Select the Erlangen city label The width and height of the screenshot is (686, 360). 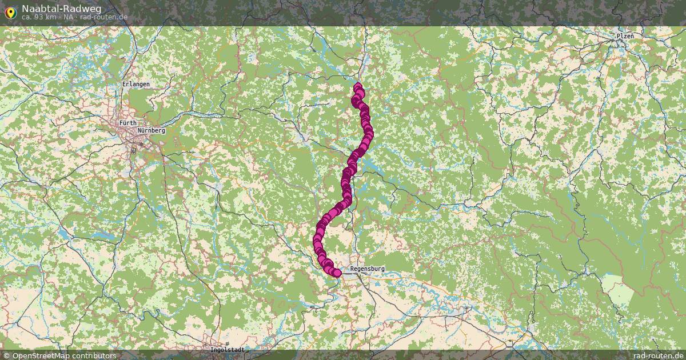[135, 84]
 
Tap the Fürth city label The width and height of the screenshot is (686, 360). [128, 123]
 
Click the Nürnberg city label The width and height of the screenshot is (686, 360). [151, 130]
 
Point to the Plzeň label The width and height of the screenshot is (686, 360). [625, 35]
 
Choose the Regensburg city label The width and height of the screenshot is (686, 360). [367, 269]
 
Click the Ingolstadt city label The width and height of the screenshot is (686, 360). [228, 350]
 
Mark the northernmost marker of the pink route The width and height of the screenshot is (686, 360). [358, 87]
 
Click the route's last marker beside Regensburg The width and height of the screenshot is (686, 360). [337, 273]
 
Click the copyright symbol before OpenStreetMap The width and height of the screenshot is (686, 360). [7, 355]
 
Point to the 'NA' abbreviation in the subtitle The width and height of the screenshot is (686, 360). [68, 17]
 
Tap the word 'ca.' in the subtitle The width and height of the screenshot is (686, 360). [26, 17]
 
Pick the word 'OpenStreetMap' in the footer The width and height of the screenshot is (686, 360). [41, 355]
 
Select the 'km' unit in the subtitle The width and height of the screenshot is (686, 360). [50, 17]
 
